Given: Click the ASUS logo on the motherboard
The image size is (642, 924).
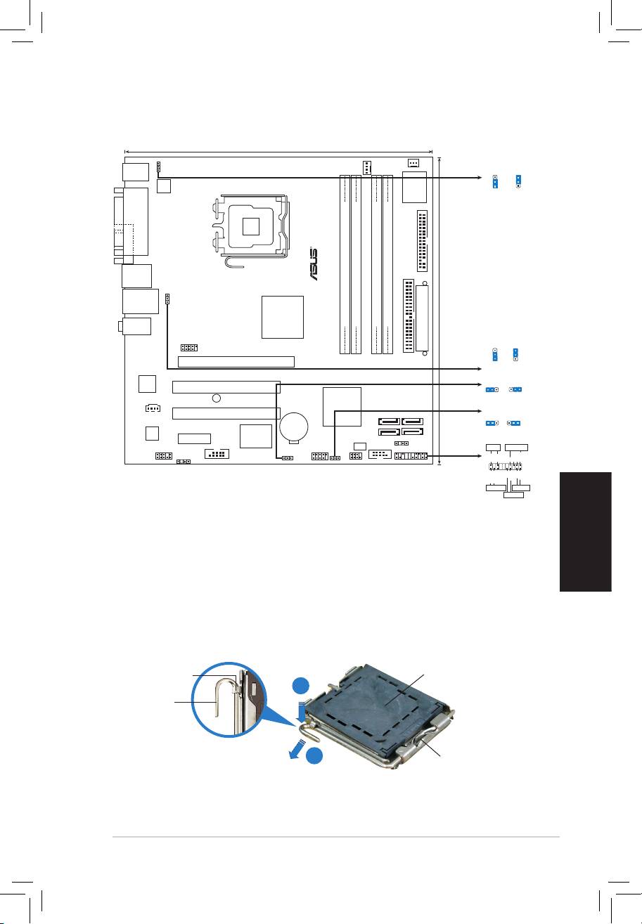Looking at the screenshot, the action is pos(314,264).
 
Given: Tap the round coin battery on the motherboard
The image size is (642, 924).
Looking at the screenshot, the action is pos(293,426).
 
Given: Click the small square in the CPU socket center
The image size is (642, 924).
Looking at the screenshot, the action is pos(250,226).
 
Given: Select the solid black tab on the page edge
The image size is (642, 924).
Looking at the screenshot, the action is pos(586,532).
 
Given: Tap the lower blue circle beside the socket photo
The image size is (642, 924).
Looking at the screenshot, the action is pos(314,755).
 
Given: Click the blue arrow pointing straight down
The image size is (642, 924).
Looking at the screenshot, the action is pos(301,712).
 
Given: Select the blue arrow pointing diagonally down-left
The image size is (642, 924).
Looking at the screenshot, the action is pos(297,749).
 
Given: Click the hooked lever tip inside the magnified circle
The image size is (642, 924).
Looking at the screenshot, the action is pos(217,716).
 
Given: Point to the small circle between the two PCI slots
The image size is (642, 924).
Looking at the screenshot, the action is pos(216,398).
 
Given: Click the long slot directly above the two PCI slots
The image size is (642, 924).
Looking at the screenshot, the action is pos(236,362).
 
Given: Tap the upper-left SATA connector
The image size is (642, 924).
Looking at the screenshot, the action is pos(389,421).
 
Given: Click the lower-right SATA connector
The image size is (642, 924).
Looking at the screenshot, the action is pos(412,432).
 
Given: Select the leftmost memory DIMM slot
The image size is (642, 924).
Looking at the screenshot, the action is pos(345,264).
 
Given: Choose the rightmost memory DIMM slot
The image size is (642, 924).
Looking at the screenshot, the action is pos(387,264).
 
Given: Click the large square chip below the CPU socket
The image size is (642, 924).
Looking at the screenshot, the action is pos(283,317).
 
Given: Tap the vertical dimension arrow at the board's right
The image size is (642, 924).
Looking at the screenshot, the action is pos(439,311).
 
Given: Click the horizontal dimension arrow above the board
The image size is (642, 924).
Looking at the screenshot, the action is pos(278,151).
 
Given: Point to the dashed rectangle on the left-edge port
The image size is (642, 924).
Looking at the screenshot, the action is pos(124,240).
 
